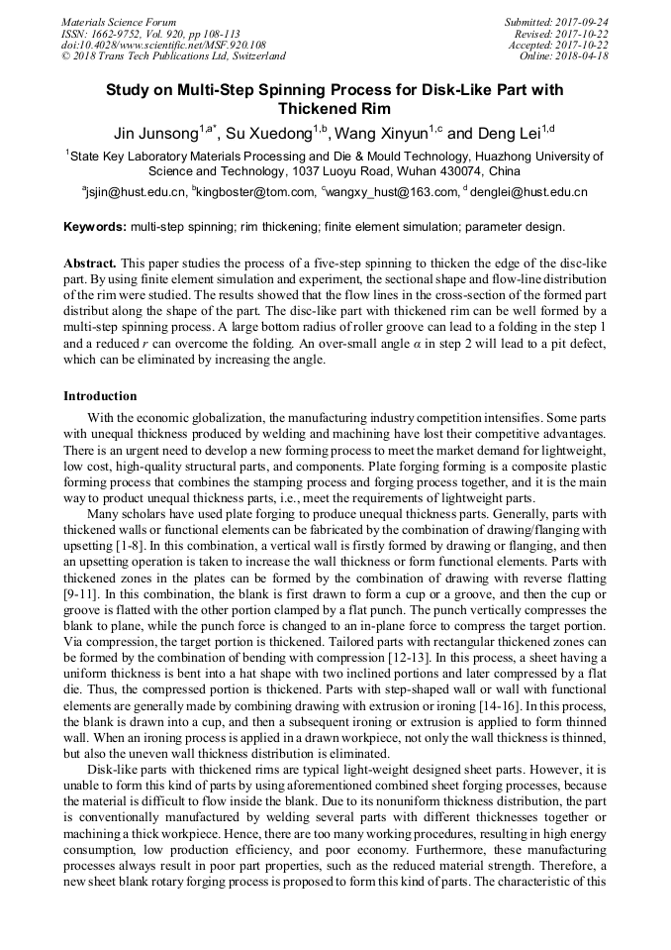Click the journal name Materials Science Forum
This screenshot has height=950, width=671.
pos(119,22)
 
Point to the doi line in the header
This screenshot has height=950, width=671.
pos(163,46)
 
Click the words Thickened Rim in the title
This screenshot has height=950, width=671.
pos(335,109)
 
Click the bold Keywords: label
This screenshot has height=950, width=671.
pos(95,227)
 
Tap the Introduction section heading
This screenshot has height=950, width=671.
pos(100,396)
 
